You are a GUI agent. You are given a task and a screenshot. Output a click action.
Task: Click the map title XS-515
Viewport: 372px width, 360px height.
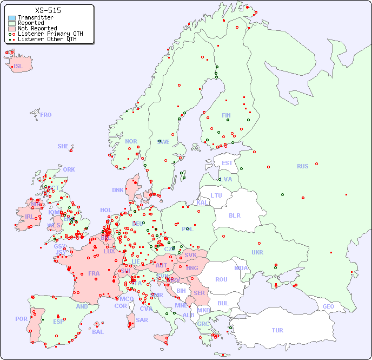tap(48, 10)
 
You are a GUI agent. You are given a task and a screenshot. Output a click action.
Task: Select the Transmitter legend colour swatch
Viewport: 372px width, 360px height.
tap(12, 18)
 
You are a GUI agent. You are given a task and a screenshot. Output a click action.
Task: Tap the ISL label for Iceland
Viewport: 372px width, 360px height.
tap(18, 67)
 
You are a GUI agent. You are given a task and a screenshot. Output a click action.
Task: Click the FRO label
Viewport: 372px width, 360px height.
tap(46, 115)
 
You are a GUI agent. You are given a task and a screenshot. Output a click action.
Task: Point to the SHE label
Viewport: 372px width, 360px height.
tap(63, 146)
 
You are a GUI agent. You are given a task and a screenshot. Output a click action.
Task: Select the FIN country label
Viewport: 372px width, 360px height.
tap(226, 115)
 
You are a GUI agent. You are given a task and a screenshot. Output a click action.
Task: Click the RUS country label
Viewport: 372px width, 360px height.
tap(302, 166)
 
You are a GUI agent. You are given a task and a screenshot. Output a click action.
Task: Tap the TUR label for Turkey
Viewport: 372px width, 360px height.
tap(277, 330)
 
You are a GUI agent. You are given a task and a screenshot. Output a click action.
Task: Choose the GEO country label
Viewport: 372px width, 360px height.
tap(328, 306)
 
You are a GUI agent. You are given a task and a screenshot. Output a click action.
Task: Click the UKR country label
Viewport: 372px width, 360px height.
tap(257, 252)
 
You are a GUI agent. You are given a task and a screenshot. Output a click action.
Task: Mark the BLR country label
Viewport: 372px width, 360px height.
tap(234, 215)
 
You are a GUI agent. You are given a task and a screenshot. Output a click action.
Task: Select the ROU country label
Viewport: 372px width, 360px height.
tap(221, 279)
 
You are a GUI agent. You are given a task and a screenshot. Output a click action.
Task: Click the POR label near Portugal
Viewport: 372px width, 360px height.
tap(21, 319)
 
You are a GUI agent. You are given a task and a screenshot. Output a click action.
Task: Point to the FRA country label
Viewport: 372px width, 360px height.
tap(94, 273)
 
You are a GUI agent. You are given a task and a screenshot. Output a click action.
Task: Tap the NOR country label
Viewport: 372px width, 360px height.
tap(131, 141)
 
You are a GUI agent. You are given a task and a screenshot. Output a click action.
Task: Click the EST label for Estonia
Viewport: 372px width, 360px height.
tap(227, 163)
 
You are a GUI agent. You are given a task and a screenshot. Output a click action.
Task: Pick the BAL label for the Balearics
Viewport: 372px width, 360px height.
tap(98, 332)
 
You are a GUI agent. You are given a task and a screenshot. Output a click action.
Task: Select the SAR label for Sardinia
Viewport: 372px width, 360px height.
tap(142, 320)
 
